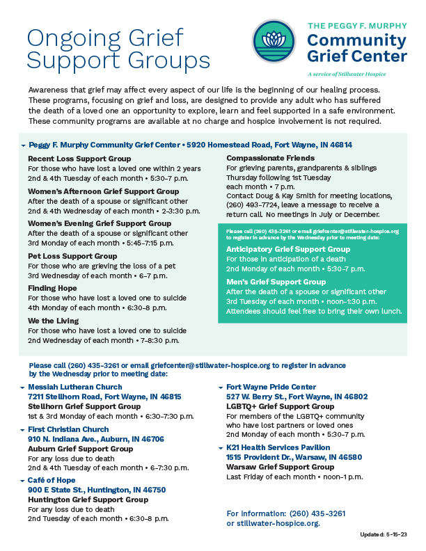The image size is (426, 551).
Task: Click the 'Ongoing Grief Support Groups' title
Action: pyautogui.click(x=118, y=48)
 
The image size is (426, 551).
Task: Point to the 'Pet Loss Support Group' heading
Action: pyautogui.click(x=72, y=256)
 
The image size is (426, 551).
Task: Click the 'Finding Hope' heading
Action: pyautogui.click(x=54, y=288)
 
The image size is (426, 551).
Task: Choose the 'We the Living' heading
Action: pyautogui.click(x=53, y=321)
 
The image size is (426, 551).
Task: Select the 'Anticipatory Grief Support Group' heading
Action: pyautogui.click(x=288, y=249)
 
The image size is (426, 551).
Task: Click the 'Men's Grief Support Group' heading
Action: pyautogui.click(x=276, y=282)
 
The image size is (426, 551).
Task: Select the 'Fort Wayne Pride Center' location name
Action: pyautogui.click(x=271, y=387)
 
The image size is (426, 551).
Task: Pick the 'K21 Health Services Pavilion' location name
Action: pyautogui.click(x=278, y=447)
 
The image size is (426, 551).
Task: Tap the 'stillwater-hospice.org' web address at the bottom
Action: pyautogui.click(x=278, y=523)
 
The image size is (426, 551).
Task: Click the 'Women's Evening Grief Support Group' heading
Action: pyautogui.click(x=100, y=223)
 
